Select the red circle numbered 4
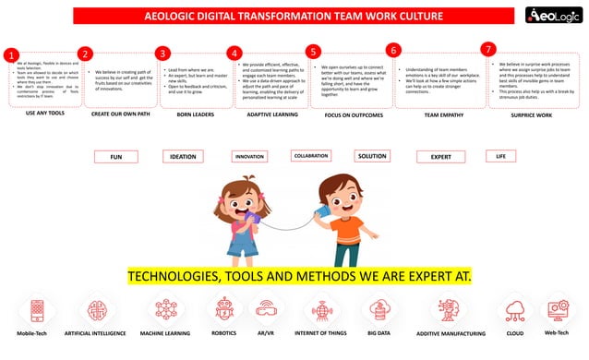click(x=234, y=54)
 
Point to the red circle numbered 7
click(x=488, y=48)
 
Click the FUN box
click(x=115, y=157)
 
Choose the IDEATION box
click(x=184, y=157)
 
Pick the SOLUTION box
click(x=371, y=156)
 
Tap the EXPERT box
click(x=440, y=157)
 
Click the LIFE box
click(x=501, y=156)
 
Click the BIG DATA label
click(x=379, y=330)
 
